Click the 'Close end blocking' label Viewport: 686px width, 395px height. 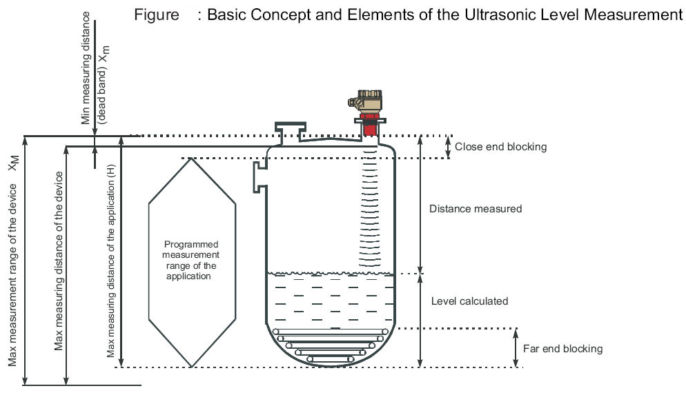(500, 147)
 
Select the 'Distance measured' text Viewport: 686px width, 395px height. (475, 208)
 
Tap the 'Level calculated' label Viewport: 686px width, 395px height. (469, 301)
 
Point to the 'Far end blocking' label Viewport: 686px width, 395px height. (562, 349)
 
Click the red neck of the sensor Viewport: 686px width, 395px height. (371, 129)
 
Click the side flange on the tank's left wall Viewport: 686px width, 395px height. (259, 175)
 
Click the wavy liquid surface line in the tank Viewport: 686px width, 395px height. (330, 273)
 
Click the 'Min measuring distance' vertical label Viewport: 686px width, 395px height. (86, 68)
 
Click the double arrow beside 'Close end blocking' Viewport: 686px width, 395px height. (449, 147)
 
